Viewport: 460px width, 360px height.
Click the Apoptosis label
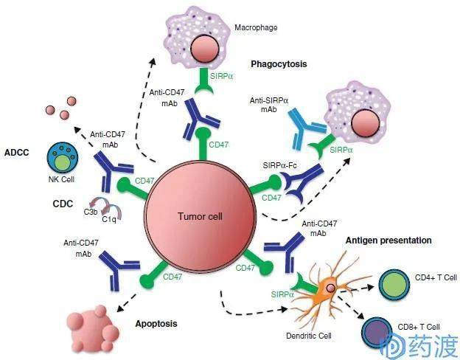tap(157, 323)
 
